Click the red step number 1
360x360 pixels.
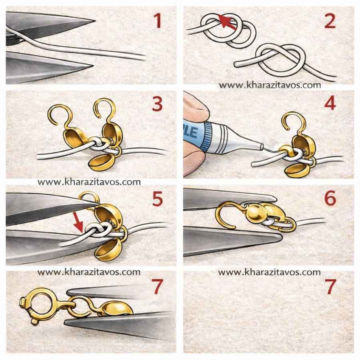click(x=158, y=21)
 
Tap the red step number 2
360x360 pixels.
click(x=330, y=21)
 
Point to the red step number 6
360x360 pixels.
click(x=330, y=198)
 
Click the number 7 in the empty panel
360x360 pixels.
click(x=331, y=286)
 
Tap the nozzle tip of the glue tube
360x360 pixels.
click(x=261, y=147)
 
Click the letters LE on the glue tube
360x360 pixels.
click(x=191, y=132)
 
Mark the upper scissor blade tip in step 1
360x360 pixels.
click(x=95, y=21)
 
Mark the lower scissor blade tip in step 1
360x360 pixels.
click(x=92, y=66)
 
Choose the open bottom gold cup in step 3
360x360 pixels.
click(x=101, y=162)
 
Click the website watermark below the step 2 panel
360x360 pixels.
click(x=270, y=85)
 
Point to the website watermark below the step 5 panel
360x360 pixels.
click(x=89, y=272)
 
